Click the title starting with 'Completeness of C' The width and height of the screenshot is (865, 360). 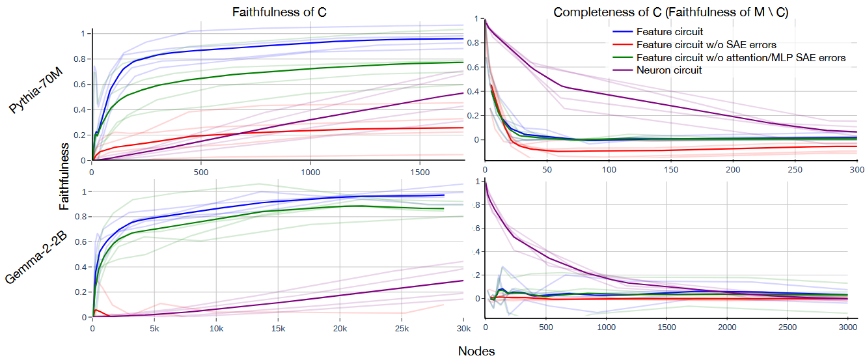tap(670, 13)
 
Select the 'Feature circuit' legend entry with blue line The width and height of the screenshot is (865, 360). tap(670, 31)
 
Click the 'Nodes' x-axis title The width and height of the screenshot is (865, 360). tap(476, 352)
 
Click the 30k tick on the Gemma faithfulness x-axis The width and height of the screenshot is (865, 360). tap(463, 329)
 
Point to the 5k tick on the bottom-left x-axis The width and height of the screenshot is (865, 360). tap(154, 329)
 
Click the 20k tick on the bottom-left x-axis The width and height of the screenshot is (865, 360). tap(340, 329)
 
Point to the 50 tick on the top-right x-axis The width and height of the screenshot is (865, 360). tap(547, 169)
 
